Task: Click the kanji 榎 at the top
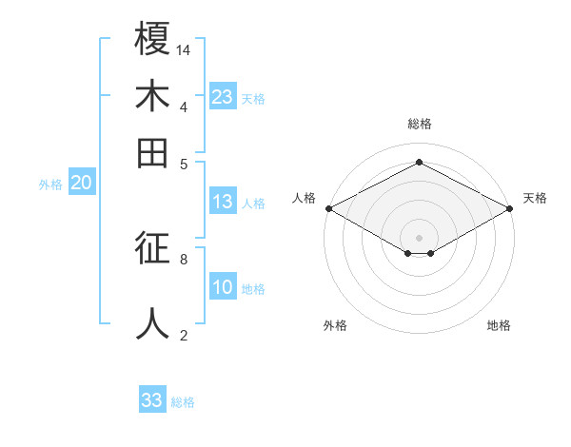(x=152, y=41)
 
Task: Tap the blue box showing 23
(x=223, y=97)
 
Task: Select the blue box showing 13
(x=223, y=202)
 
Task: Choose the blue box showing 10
(x=223, y=288)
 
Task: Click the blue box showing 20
(x=82, y=184)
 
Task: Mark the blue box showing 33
(x=152, y=400)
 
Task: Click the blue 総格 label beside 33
(x=183, y=402)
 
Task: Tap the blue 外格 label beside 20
(x=50, y=185)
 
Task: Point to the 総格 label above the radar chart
(x=420, y=124)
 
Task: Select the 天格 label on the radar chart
(x=536, y=198)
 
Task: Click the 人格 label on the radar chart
(x=305, y=198)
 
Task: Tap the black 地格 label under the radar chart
(x=499, y=325)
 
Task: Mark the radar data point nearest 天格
(x=511, y=208)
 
